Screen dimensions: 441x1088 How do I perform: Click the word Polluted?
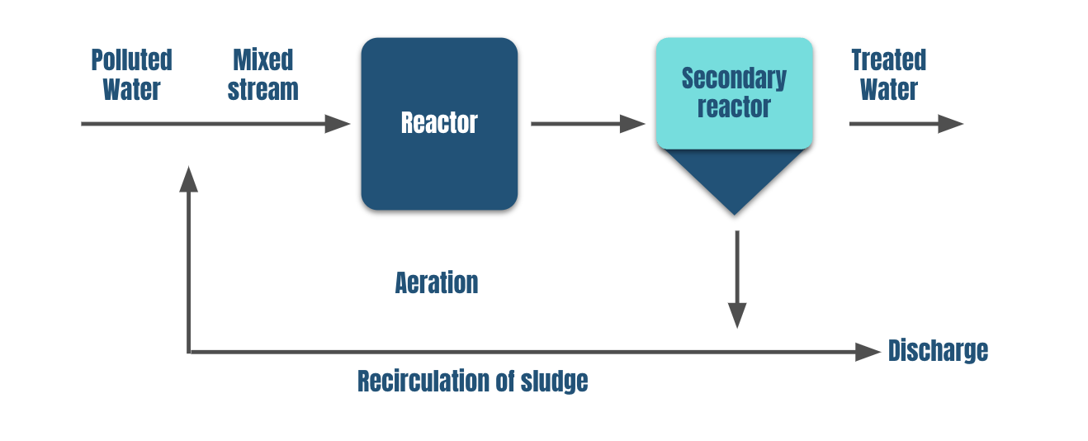131,60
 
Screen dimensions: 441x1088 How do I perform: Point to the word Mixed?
263,60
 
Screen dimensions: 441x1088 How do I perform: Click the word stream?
263,89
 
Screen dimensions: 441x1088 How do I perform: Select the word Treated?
888,60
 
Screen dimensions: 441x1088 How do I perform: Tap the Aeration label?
437,283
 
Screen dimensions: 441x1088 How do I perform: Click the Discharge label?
938,351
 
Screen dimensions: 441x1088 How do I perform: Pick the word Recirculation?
428,382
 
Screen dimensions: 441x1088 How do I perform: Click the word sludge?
554,382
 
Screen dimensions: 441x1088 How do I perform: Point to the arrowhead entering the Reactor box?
338,124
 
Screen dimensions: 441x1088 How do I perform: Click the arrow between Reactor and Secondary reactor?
587,124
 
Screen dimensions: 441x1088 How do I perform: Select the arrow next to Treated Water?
906,124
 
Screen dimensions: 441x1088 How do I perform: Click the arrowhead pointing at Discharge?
868,352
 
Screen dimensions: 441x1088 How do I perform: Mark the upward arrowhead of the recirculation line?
189,178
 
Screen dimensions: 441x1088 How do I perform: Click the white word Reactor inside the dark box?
439,123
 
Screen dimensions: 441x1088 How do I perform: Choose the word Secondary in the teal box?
734,78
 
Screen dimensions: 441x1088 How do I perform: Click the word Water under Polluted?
131,89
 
